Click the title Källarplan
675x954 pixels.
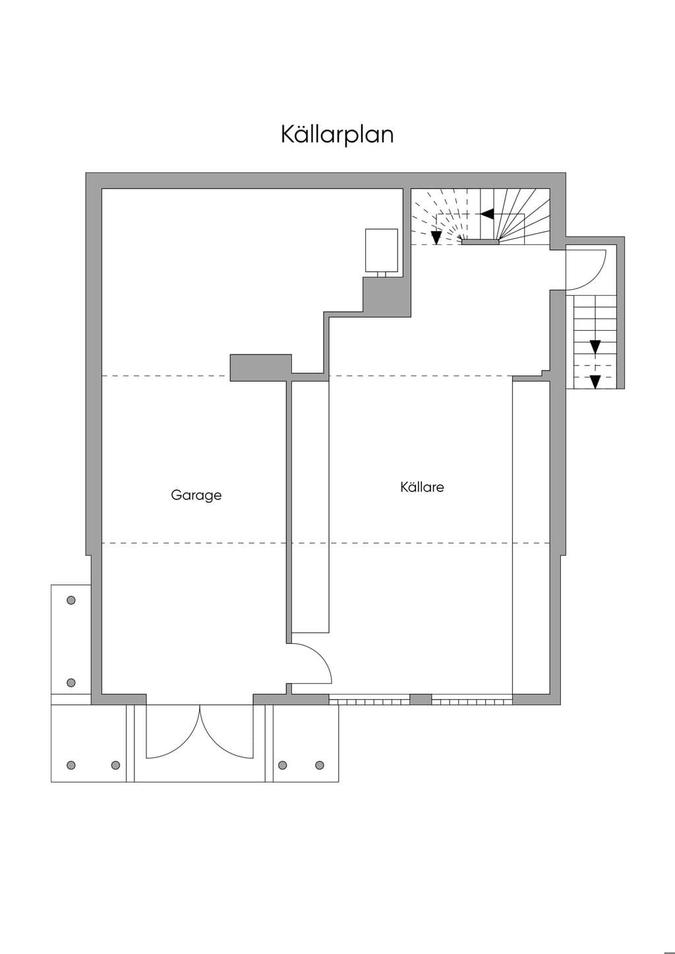[x=337, y=135]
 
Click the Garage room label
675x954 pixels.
[x=196, y=495]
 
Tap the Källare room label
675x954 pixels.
[x=422, y=487]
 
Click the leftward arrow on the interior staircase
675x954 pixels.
[x=487, y=213]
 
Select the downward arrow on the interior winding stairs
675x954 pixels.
[x=436, y=238]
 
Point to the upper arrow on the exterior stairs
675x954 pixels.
[x=595, y=347]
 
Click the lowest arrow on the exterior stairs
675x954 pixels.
[x=595, y=381]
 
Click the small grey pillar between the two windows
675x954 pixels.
[x=421, y=699]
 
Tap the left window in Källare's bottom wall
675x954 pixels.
[x=369, y=699]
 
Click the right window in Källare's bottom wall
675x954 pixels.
[x=472, y=699]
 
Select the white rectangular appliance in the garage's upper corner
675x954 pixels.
[x=382, y=250]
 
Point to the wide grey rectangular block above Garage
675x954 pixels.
[x=261, y=367]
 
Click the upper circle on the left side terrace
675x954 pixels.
[x=71, y=600]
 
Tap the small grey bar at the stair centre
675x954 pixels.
[x=481, y=242]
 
